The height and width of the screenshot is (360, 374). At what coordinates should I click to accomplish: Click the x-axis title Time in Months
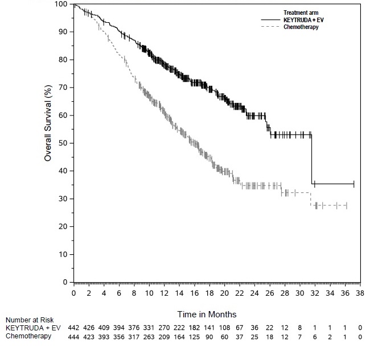pyautogui.click(x=207, y=314)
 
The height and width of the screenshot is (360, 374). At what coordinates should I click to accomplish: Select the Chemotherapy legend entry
pyautogui.click(x=301, y=27)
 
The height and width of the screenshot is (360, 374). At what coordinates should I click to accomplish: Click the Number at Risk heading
pyautogui.click(x=30, y=320)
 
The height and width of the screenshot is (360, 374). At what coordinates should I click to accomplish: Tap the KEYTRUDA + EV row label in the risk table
pyautogui.click(x=33, y=328)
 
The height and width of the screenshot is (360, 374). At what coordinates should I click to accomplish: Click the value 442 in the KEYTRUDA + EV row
pyautogui.click(x=74, y=328)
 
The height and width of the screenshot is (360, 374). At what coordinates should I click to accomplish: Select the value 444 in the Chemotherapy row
pyautogui.click(x=74, y=337)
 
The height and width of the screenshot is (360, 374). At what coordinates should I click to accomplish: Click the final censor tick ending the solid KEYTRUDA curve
pyautogui.click(x=354, y=184)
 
